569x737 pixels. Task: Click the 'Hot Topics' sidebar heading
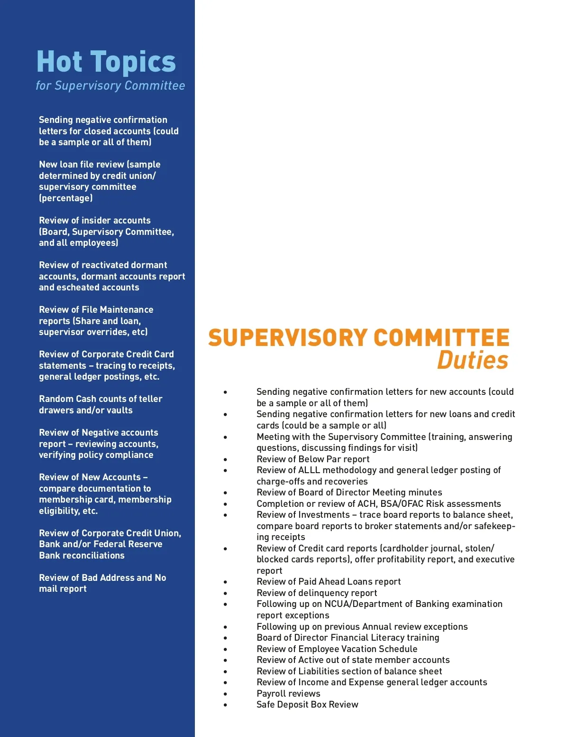point(106,62)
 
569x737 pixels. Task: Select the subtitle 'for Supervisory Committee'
point(110,86)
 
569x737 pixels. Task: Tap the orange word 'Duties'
point(472,360)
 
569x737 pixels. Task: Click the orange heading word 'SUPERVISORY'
point(288,338)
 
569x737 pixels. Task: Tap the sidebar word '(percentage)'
point(66,198)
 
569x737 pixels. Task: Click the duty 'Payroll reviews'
point(288,694)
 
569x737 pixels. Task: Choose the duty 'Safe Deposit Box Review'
point(307,705)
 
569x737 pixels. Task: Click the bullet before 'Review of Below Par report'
point(225,459)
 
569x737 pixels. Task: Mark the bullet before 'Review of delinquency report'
point(225,593)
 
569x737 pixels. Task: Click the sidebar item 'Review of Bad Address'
point(102,578)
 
